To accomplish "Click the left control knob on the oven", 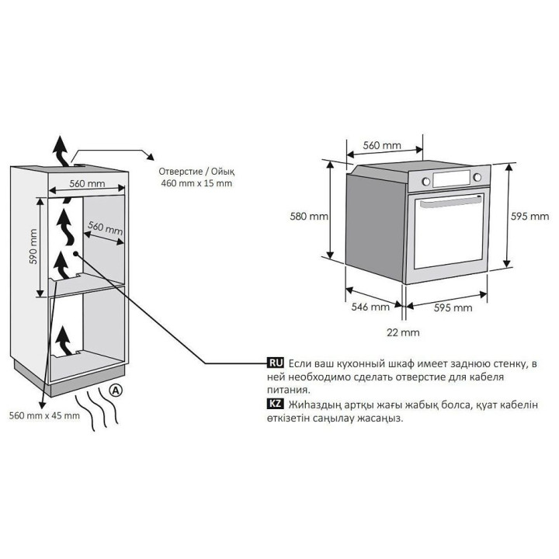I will click(425, 181).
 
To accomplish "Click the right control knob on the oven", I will click(477, 179).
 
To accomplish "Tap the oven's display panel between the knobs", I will click(451, 179).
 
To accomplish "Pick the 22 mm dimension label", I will click(403, 332).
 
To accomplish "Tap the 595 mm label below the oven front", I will click(452, 307).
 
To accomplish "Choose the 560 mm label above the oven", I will click(382, 145).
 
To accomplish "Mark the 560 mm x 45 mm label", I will click(43, 415).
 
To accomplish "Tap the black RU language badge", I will click(275, 363).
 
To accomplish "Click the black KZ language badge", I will click(275, 404).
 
